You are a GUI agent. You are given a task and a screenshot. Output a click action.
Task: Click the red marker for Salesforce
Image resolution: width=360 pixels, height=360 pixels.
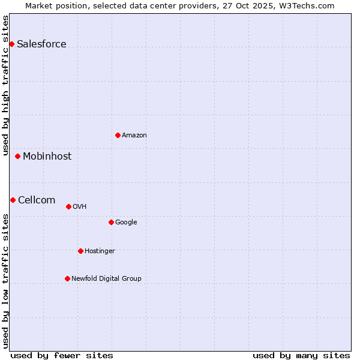(x=11, y=44)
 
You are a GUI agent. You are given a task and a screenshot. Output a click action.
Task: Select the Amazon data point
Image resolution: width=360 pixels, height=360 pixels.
(x=118, y=135)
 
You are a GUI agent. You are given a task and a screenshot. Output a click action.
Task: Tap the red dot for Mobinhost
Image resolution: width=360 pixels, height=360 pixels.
(x=17, y=156)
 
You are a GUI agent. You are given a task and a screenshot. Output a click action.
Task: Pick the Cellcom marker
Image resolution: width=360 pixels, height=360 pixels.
(x=13, y=200)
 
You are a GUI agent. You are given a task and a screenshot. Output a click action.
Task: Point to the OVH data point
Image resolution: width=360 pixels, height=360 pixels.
(x=68, y=206)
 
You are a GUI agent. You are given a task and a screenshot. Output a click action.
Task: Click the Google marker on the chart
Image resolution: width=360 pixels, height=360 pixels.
(x=111, y=222)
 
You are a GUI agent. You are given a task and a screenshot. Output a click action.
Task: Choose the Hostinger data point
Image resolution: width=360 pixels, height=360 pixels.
(x=80, y=251)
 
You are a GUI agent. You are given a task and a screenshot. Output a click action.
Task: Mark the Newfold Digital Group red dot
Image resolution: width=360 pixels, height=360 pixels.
(x=67, y=278)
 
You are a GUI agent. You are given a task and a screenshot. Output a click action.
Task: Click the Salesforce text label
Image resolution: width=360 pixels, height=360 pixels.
(x=41, y=44)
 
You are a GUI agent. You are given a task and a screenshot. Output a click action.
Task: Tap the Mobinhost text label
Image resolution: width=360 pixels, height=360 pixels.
(x=47, y=156)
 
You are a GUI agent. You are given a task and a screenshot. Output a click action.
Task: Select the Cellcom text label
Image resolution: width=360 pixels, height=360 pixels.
(x=37, y=200)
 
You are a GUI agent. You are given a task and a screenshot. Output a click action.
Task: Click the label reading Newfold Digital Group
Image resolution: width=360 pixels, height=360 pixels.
(x=106, y=278)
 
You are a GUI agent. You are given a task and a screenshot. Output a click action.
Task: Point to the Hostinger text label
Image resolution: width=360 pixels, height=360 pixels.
(x=100, y=251)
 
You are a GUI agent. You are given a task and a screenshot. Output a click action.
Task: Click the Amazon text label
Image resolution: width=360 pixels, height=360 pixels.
(x=134, y=135)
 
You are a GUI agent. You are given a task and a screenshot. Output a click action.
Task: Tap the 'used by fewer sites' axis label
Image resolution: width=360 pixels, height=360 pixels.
(x=62, y=355)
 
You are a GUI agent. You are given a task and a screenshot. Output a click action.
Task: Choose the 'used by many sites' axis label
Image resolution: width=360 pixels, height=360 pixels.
(x=301, y=355)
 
